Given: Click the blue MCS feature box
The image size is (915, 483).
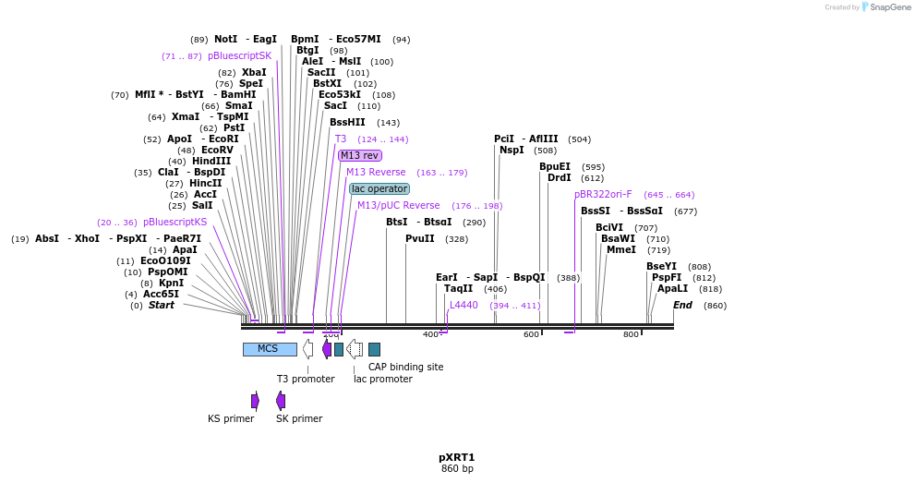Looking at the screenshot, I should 270,349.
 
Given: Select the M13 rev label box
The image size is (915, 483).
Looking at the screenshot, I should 359,155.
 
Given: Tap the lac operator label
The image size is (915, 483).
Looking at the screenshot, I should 379,188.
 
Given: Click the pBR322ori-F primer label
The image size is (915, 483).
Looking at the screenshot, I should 603,194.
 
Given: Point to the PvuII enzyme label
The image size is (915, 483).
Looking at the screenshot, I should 419,238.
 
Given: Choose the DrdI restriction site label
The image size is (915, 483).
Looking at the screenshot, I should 559,177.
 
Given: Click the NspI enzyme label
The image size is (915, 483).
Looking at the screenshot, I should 512,150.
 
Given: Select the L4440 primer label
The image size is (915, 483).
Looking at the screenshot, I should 464,305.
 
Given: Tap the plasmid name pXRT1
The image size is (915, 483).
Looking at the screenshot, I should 457,457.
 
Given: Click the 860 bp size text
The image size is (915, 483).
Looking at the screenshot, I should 457,469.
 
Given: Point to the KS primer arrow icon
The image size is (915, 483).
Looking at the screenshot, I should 255,400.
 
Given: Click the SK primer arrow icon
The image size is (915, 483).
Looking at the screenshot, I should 281,400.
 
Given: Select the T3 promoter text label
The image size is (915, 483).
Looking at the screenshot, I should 306,379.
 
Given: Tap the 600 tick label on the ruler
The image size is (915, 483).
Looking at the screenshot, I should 531,334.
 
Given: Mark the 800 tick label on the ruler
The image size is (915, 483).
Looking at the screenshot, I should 631,334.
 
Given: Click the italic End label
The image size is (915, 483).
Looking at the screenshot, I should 682,305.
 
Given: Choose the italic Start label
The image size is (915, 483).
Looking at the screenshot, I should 161,305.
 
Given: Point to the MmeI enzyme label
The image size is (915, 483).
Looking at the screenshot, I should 620,249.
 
